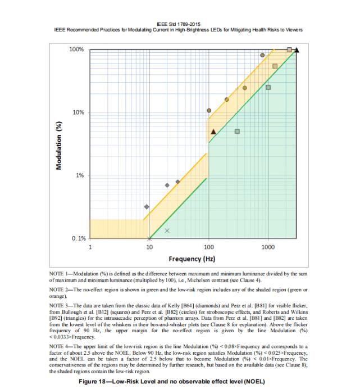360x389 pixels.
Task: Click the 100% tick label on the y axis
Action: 76,50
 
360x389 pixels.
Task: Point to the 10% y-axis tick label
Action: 78,113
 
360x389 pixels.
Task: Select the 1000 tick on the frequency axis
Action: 268,247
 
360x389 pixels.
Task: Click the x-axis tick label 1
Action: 90,247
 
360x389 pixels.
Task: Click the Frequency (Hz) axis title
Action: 192,259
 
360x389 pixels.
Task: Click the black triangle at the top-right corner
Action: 297,50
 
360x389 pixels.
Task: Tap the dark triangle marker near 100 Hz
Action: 213,132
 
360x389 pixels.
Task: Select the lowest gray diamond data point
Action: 147,207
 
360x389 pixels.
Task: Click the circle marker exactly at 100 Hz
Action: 209,111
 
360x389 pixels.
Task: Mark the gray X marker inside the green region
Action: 167,230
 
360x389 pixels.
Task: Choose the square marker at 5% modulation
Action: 237,132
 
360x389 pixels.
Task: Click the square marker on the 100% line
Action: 289,50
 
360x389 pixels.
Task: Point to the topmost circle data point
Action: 262,55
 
